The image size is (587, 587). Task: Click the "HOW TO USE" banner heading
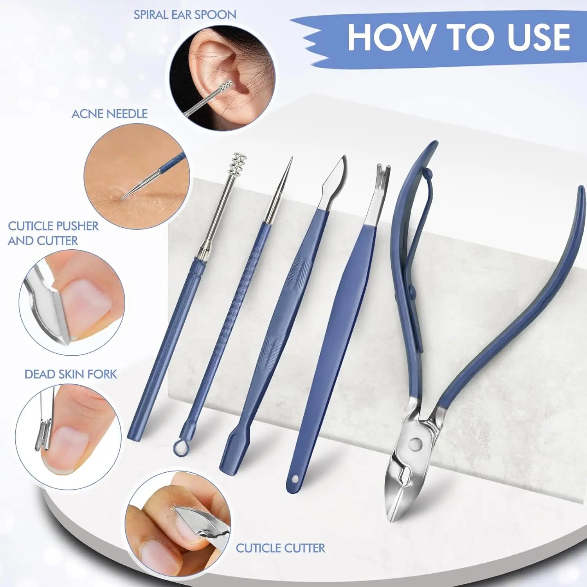459,37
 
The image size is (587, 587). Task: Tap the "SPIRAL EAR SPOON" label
185,15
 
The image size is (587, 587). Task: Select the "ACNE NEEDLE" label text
110,114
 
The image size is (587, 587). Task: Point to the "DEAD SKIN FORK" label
71,374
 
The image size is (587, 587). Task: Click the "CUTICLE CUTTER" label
280,548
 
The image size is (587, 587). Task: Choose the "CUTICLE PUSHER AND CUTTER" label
53,233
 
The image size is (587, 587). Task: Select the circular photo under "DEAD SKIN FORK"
68,437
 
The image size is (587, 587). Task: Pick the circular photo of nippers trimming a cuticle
178,524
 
